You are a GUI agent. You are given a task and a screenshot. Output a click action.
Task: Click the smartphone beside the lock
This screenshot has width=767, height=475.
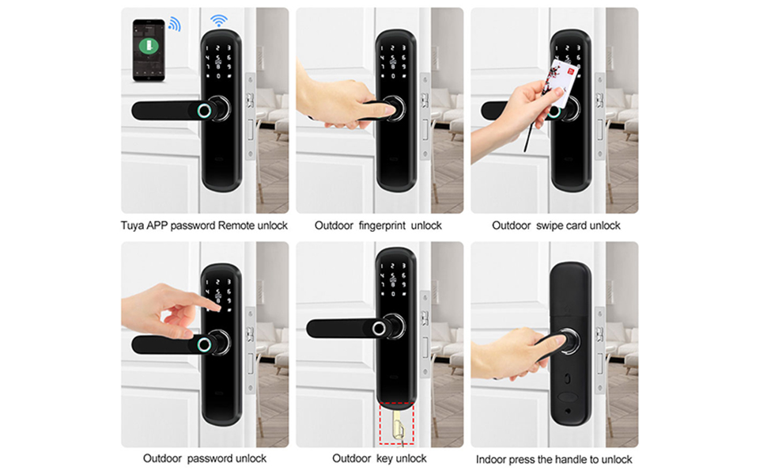149,50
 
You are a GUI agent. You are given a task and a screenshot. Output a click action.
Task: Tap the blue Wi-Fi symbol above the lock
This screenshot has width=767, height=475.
219,21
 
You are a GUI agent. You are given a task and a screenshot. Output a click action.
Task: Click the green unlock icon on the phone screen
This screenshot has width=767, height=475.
149,46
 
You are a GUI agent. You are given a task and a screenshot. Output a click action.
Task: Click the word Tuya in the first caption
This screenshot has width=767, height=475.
132,226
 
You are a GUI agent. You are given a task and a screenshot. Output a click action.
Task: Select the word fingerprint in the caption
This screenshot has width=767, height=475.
382,226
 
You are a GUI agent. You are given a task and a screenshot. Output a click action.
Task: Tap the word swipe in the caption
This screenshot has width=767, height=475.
550,226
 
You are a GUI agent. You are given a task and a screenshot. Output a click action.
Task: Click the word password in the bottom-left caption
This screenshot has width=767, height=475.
204,459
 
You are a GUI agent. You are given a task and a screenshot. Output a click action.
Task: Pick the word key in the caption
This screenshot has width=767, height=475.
384,459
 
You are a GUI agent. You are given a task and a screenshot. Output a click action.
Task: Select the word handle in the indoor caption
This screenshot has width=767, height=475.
570,460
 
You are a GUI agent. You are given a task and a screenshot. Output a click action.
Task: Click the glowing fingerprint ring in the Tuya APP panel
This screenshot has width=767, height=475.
204,111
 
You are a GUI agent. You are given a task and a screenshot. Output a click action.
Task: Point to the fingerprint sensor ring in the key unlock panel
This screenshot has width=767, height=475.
379,328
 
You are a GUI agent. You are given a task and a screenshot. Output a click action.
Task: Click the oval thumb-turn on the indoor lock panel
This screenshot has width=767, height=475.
568,397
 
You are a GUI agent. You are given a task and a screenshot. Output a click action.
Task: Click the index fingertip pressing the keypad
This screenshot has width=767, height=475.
216,307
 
